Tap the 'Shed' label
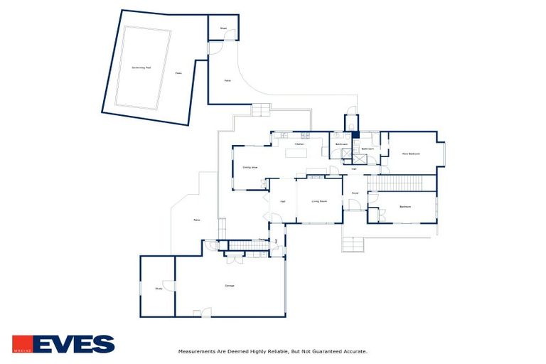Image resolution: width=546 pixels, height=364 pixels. point(223,29)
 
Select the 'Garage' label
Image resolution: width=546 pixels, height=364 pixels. point(230,286)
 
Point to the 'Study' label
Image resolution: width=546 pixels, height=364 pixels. point(159,288)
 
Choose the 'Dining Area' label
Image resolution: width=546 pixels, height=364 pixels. point(250,168)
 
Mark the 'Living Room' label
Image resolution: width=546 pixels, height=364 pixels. point(319,201)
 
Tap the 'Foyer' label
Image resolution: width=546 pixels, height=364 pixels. point(355,193)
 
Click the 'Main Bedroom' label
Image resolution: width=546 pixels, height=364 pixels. point(411,154)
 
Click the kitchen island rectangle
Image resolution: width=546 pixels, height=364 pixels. point(296,152)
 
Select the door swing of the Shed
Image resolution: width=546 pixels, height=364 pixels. point(215,48)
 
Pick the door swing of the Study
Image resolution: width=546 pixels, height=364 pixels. point(168,285)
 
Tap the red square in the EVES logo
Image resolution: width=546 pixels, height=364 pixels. point(21,344)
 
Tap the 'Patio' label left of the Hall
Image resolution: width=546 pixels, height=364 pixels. point(197,220)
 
